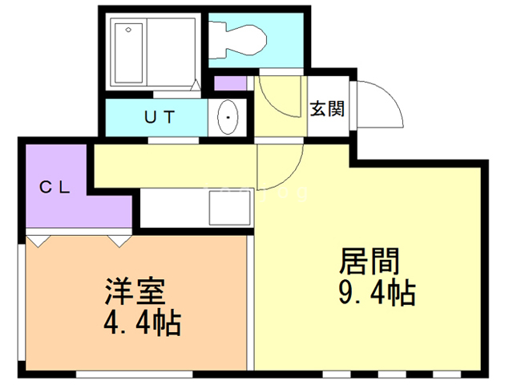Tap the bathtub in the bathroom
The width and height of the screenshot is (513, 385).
tap(128, 54)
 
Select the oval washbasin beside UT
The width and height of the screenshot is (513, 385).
tap(228, 117)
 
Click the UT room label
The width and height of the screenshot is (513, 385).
tap(160, 117)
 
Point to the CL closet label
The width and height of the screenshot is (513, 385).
tap(55, 187)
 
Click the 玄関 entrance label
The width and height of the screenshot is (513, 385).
tap(328, 108)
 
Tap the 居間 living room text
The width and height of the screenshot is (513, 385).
tap(370, 261)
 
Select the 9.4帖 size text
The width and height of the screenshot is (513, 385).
tap(377, 292)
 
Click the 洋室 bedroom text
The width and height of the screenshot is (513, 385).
tap(135, 291)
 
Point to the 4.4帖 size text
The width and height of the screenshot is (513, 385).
tap(143, 322)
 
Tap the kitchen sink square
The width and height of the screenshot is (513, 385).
tap(230, 208)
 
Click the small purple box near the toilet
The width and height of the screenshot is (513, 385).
tap(230, 83)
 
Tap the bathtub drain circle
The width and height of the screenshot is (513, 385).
tap(128, 30)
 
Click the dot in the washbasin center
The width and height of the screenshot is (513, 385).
tap(228, 118)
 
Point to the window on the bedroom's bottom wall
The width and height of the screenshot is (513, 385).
tap(135, 374)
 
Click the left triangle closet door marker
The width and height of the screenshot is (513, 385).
tap(38, 241)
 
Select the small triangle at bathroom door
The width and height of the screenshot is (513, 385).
tap(196, 85)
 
